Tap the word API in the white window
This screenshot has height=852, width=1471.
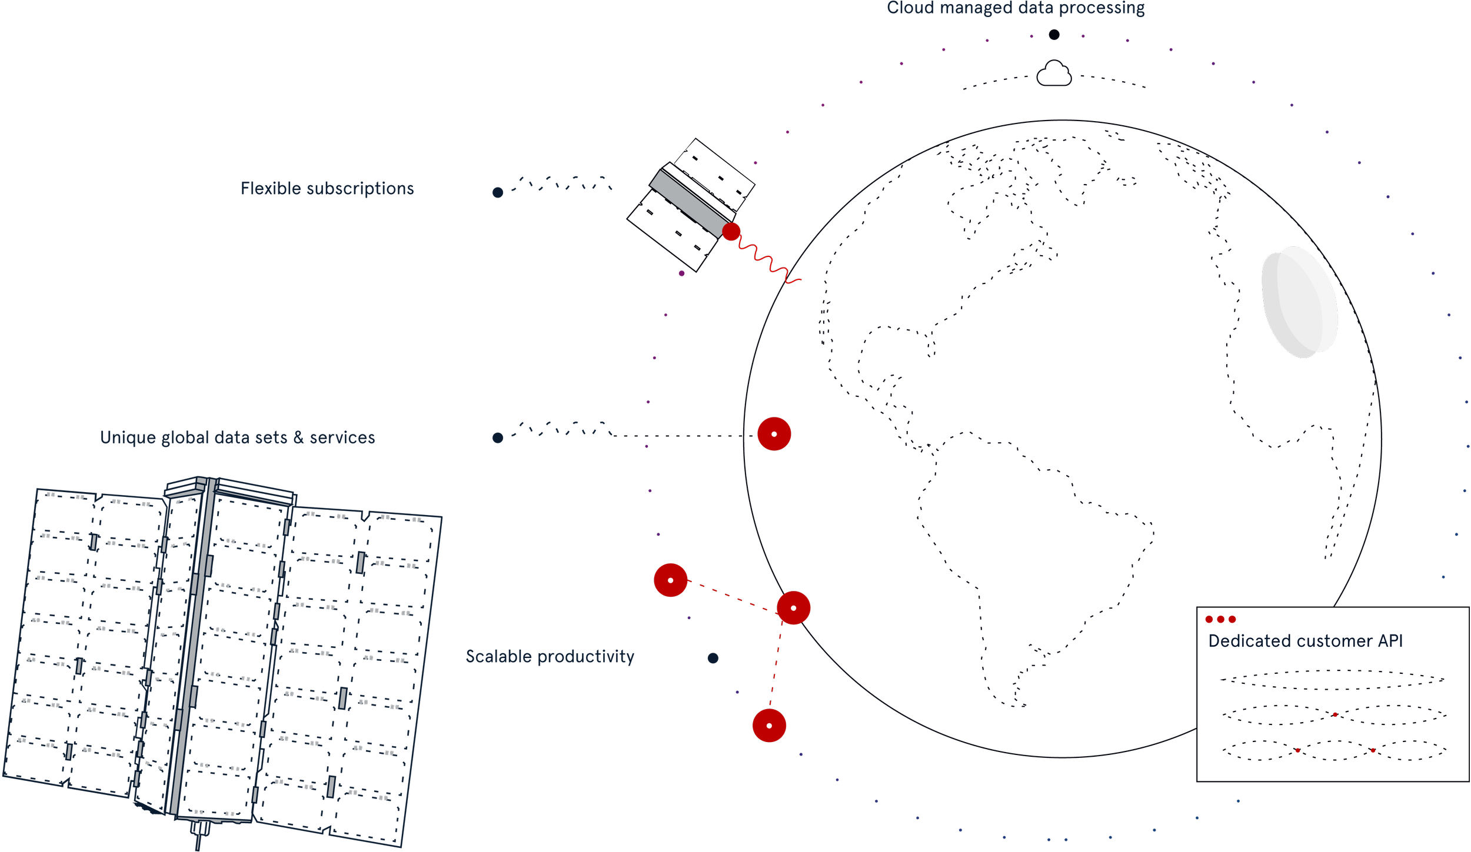1390,641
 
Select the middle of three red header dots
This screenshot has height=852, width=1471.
1220,619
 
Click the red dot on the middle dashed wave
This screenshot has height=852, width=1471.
1335,715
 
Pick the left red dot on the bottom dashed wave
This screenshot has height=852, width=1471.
1297,750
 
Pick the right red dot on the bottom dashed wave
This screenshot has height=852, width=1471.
1373,750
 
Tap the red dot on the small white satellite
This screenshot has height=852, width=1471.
731,232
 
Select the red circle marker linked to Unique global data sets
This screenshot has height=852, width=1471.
774,434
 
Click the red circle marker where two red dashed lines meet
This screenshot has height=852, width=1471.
793,608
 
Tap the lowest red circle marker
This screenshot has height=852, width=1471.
769,726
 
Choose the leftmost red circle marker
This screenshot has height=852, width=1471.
670,580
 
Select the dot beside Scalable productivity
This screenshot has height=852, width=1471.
713,658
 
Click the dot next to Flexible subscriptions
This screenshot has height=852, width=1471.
498,192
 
